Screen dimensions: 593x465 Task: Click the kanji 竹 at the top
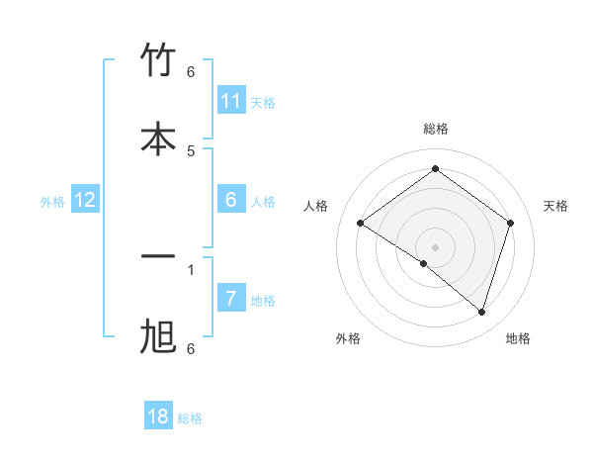(158, 60)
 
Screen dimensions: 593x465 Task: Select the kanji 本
(158, 139)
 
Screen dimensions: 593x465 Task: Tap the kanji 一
(158, 257)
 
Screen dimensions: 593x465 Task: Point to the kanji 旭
(158, 337)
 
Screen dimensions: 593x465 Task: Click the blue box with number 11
(231, 101)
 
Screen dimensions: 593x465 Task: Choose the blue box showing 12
(85, 200)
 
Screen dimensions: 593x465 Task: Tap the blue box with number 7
(231, 298)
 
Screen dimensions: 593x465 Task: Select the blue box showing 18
(158, 417)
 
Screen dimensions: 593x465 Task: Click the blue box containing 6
(231, 200)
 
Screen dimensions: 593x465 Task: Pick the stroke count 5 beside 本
(191, 150)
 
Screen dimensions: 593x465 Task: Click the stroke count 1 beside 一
(191, 268)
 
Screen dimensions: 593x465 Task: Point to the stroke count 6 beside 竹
(191, 71)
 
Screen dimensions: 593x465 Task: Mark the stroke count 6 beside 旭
(191, 348)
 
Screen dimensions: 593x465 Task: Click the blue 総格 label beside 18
(190, 418)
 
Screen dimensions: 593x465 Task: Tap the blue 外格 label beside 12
(52, 202)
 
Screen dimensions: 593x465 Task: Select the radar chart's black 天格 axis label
(556, 206)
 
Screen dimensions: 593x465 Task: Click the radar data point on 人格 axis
(361, 223)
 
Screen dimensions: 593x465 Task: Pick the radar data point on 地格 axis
(481, 312)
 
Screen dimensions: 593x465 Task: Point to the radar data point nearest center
(424, 263)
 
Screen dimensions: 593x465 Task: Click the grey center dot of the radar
(436, 246)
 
